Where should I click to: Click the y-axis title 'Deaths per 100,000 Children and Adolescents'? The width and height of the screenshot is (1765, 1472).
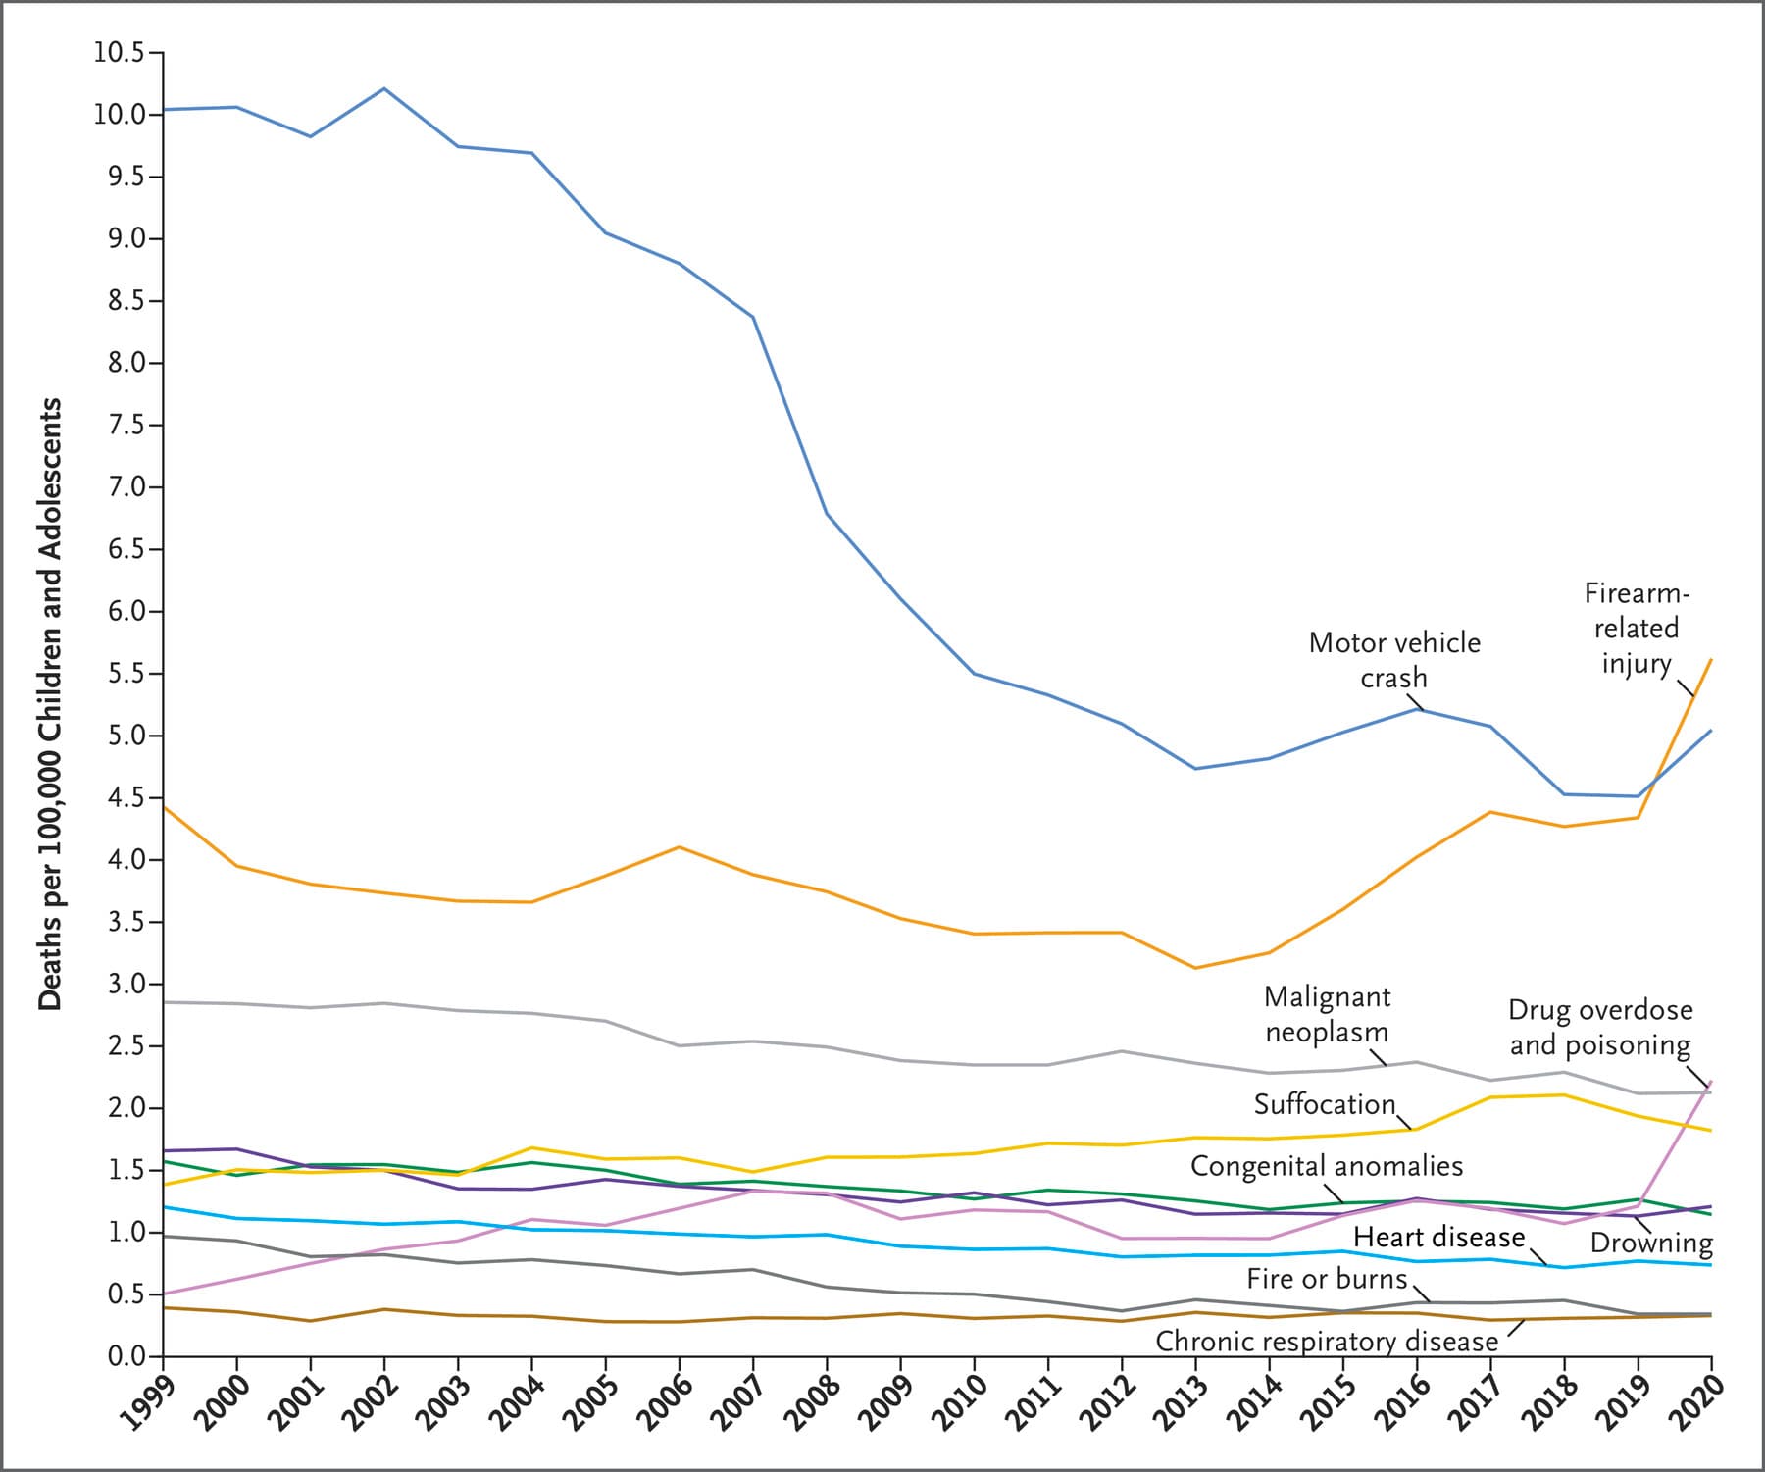(50, 703)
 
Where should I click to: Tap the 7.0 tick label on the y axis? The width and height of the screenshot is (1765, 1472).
(123, 487)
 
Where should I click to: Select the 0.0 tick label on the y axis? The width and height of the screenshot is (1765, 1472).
(123, 1356)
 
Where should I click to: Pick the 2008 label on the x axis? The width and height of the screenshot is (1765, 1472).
(810, 1402)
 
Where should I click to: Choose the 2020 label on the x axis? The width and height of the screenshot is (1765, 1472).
(1695, 1402)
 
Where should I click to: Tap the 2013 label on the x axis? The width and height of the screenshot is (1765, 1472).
(1180, 1402)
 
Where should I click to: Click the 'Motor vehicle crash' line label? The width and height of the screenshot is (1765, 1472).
(1394, 660)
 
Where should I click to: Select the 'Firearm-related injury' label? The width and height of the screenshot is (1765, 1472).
(1637, 628)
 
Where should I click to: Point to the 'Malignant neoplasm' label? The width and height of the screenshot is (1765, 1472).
(1327, 1014)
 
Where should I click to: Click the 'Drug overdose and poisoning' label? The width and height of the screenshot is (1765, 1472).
(1600, 1027)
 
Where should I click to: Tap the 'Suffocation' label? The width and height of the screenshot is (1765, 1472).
(1324, 1104)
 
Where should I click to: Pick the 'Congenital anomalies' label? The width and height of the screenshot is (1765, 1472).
(1326, 1166)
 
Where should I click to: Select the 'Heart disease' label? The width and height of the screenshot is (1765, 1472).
(1438, 1237)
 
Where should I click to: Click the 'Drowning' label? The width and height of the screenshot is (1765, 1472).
(1651, 1244)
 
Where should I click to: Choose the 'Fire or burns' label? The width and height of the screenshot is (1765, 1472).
(1327, 1279)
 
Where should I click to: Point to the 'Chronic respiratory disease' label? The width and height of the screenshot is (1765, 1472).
(1327, 1341)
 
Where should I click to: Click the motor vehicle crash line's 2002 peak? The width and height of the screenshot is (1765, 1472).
(383, 88)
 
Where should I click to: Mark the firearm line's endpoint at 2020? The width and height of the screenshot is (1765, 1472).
(1711, 660)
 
